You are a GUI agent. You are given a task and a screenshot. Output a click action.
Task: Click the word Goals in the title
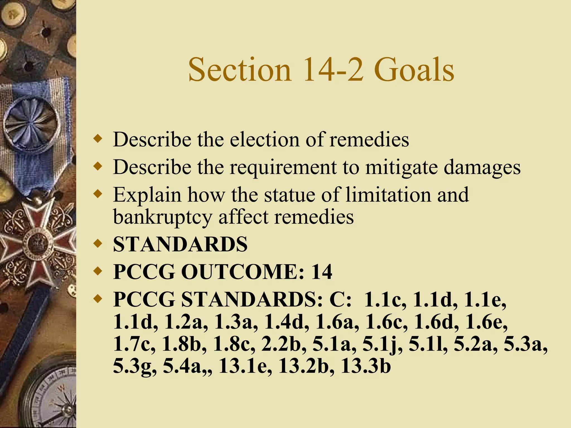coord(414,70)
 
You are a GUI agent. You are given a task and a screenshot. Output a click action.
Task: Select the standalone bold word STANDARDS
coord(180,244)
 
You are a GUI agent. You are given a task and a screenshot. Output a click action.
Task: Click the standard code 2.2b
coord(281,344)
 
